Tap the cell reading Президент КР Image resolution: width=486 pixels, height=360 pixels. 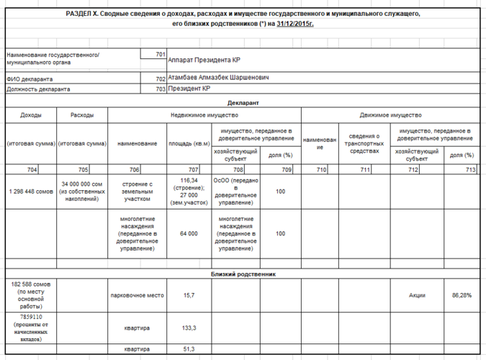(189, 89)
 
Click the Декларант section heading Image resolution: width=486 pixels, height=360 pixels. (243, 103)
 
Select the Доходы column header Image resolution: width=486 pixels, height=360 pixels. (31, 115)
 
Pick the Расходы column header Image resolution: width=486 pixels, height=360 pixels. (83, 115)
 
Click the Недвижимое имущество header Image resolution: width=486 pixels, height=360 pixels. (204, 115)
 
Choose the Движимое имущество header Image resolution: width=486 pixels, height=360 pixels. (390, 115)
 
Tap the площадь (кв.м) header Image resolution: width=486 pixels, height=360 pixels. (188, 143)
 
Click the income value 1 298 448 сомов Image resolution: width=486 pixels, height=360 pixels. (31, 192)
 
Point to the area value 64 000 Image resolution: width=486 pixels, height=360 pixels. (189, 233)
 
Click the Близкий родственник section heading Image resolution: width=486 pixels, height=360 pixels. (243, 274)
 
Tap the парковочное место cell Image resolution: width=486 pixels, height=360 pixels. (137, 295)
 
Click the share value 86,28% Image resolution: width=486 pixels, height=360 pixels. (461, 295)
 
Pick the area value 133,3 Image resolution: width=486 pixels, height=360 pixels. (189, 328)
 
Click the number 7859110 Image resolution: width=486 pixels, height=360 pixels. (31, 316)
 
